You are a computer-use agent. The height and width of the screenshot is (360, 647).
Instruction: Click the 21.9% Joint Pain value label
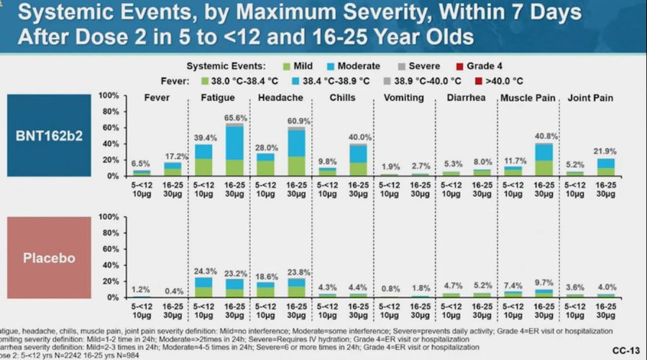click(x=606, y=152)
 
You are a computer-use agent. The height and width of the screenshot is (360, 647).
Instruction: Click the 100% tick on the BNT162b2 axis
click(x=108, y=96)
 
